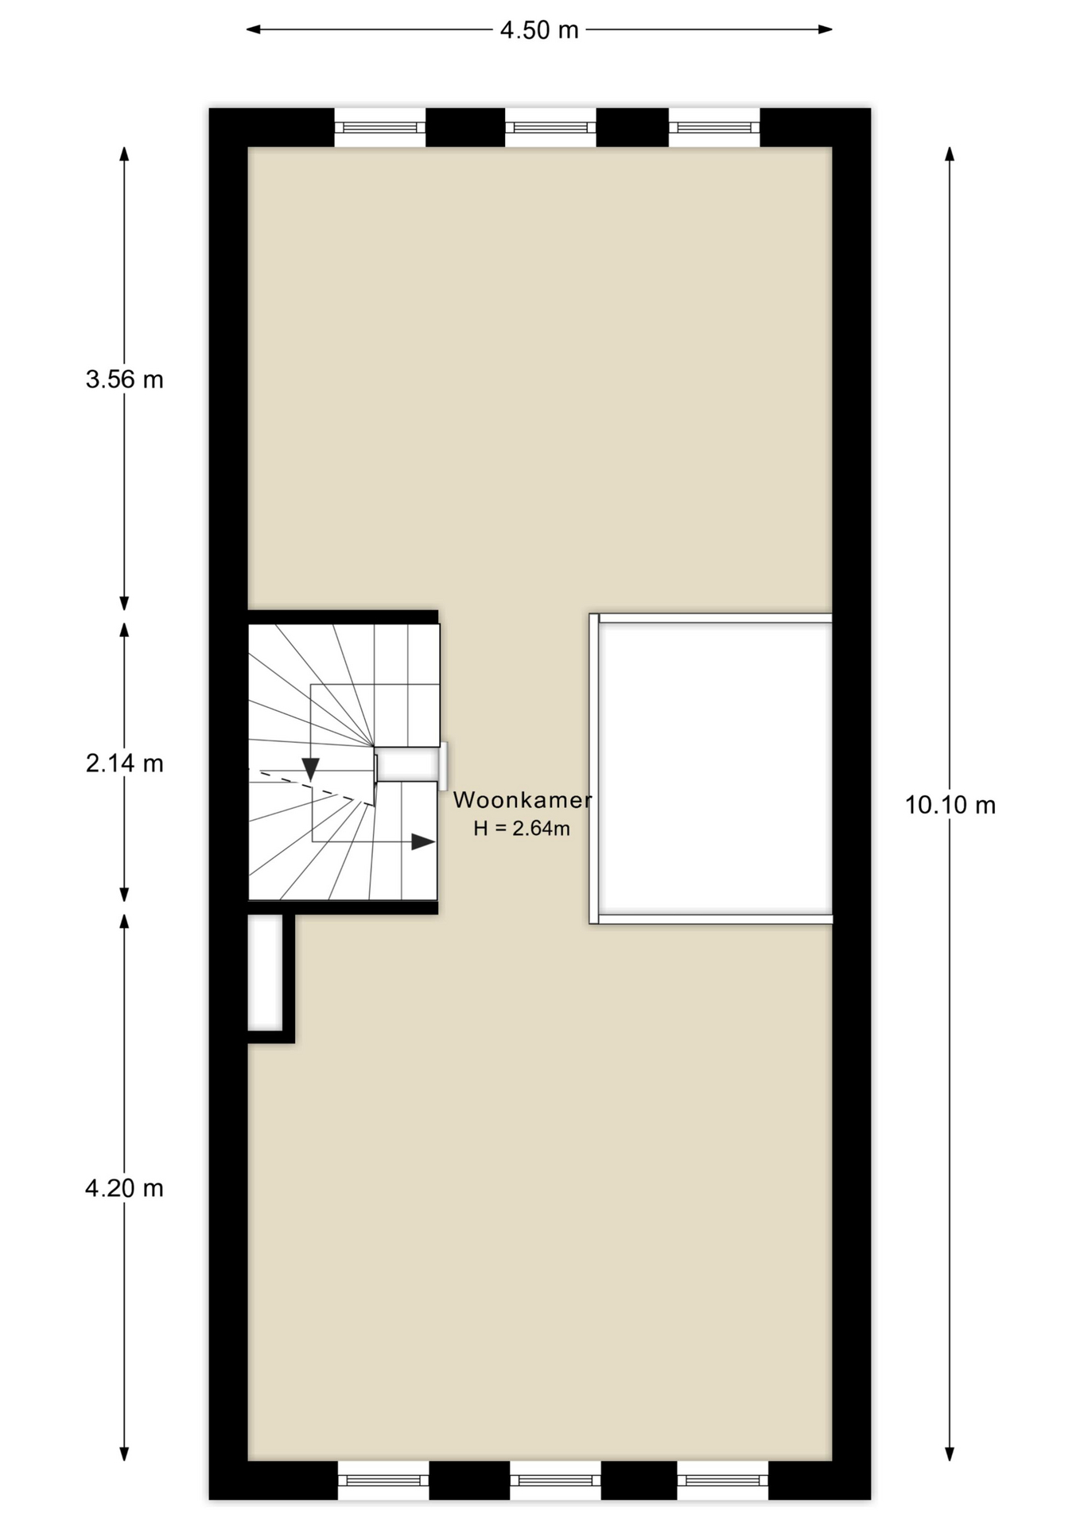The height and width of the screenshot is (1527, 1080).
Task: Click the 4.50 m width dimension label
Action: (x=539, y=30)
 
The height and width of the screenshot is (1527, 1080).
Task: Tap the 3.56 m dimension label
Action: (x=125, y=379)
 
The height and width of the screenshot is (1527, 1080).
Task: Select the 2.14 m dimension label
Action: (x=125, y=763)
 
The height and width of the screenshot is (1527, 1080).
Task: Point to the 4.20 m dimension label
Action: (x=125, y=1188)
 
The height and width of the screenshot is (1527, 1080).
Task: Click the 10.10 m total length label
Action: (x=950, y=805)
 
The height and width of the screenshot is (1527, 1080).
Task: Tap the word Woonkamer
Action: (x=523, y=800)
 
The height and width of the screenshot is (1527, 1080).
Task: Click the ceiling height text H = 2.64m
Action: (x=522, y=829)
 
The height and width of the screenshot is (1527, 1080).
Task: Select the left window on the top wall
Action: (x=380, y=127)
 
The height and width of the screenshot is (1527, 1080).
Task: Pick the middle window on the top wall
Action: (x=550, y=127)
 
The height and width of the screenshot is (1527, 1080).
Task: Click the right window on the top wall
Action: (x=714, y=127)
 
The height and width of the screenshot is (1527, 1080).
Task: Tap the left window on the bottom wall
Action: (x=383, y=1480)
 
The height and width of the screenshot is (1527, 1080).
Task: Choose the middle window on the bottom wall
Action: (x=555, y=1480)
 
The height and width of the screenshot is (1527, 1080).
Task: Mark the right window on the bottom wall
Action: (x=723, y=1480)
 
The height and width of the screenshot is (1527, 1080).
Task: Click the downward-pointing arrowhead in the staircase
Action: (x=310, y=768)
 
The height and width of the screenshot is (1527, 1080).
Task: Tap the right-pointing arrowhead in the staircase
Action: (x=423, y=841)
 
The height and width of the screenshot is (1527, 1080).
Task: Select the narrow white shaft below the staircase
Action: (x=265, y=973)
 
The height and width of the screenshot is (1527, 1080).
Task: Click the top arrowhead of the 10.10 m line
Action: (x=950, y=153)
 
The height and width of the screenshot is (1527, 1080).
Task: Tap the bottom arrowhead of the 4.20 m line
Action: (x=124, y=1454)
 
